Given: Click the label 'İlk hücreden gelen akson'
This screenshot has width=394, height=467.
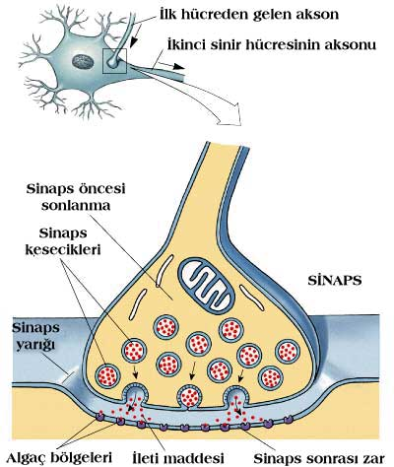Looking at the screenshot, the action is (249, 15).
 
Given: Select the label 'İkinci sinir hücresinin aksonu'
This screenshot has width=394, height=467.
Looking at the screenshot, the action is (271, 44).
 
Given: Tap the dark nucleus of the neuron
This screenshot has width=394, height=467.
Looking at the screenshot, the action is (83, 61).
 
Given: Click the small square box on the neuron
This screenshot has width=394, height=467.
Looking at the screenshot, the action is (114, 61).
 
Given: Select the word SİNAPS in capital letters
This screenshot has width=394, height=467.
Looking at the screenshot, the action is (335, 281).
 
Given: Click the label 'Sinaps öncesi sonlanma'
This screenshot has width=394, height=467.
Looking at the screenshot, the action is (76, 197).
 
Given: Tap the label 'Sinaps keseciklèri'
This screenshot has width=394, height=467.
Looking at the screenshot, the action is (63, 241).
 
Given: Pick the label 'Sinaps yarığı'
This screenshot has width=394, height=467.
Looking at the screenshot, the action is (36, 336).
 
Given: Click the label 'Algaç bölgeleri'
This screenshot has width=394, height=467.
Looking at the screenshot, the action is (59, 458).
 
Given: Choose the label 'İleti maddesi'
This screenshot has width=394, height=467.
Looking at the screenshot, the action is (178, 458).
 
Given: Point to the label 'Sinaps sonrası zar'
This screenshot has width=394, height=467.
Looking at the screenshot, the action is (319, 458).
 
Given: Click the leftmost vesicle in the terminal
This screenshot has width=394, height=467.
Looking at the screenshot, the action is (107, 376).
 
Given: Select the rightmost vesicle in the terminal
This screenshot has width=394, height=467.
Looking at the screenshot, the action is (288, 352).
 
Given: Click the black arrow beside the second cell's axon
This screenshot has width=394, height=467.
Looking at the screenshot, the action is (169, 65).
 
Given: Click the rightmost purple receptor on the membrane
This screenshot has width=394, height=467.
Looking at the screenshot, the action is (289, 419).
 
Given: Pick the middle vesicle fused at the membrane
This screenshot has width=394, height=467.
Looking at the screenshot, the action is (189, 396).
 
